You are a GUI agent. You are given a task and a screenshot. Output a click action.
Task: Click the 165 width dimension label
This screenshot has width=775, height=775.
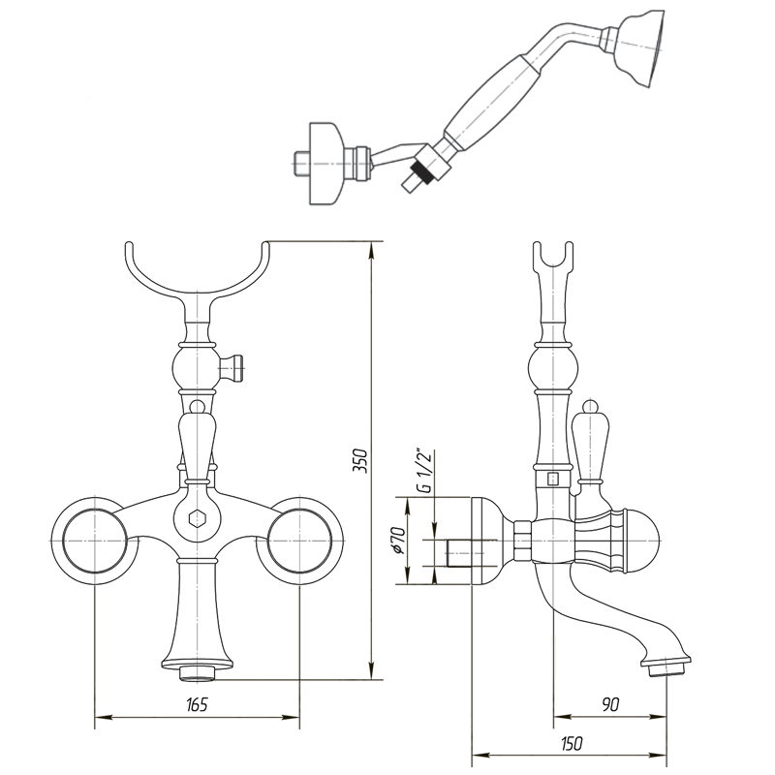tap(197, 704)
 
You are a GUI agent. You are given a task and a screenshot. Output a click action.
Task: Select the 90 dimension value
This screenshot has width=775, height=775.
tap(611, 704)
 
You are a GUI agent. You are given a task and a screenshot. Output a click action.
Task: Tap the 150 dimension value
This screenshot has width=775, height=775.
tap(571, 743)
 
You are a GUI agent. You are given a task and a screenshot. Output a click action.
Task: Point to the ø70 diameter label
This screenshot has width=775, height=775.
tap(398, 541)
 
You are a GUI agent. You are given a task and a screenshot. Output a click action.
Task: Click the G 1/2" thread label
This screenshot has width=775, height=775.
tap(424, 470)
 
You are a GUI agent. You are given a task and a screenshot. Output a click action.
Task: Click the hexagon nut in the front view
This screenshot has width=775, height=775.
tap(198, 519)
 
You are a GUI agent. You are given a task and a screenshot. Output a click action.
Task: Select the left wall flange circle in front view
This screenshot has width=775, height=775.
tap(95, 541)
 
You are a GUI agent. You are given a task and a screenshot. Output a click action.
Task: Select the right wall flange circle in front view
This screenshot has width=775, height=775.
tap(299, 541)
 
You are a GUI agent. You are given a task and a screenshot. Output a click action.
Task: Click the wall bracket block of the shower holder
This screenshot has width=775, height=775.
tap(326, 163)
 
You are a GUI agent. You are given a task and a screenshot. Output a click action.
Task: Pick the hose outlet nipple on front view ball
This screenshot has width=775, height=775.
tap(232, 368)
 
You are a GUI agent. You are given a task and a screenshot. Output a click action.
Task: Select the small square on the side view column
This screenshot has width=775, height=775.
tap(553, 479)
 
